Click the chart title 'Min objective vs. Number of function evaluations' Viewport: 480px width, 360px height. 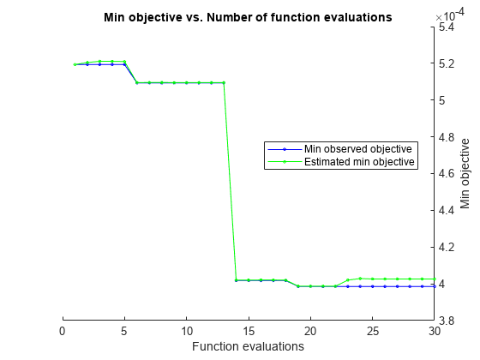(248, 16)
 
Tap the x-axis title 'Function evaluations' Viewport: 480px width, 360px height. (248, 346)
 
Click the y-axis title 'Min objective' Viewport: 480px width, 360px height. (465, 173)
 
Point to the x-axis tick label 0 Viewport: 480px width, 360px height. (63, 331)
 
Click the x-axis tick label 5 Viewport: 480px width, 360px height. (124, 331)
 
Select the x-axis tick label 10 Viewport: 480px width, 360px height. (187, 331)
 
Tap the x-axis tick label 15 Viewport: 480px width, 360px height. (249, 331)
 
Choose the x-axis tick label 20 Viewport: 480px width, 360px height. (310, 331)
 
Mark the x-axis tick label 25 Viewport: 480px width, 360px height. (373, 331)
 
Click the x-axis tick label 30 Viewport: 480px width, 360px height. (435, 331)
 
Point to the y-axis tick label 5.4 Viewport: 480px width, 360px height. (447, 27)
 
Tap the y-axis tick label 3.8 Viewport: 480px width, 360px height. (447, 321)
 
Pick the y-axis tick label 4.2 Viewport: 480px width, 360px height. (447, 247)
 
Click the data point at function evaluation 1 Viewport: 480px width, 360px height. (75, 64)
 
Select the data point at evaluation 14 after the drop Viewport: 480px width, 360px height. (236, 280)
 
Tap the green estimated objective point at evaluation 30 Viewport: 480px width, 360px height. (435, 279)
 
